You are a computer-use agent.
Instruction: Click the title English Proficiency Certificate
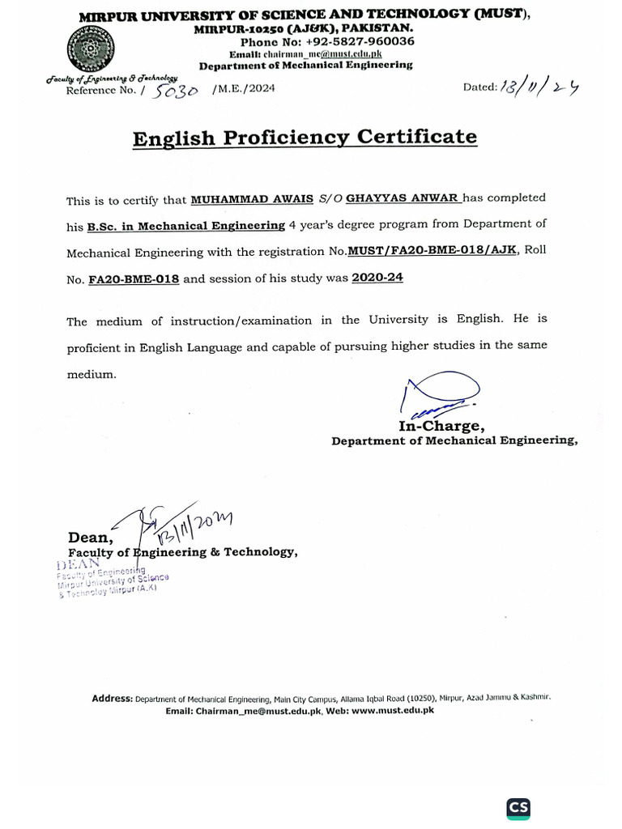(305, 138)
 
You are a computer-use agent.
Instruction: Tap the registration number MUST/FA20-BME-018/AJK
(433, 252)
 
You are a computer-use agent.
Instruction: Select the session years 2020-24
(377, 278)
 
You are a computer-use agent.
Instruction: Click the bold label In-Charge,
(441, 426)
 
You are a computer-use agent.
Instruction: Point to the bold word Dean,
(91, 538)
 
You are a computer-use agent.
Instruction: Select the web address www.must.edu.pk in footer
(393, 710)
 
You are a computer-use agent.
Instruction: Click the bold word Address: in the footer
(112, 698)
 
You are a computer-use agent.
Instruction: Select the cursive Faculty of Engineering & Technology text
(112, 78)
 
